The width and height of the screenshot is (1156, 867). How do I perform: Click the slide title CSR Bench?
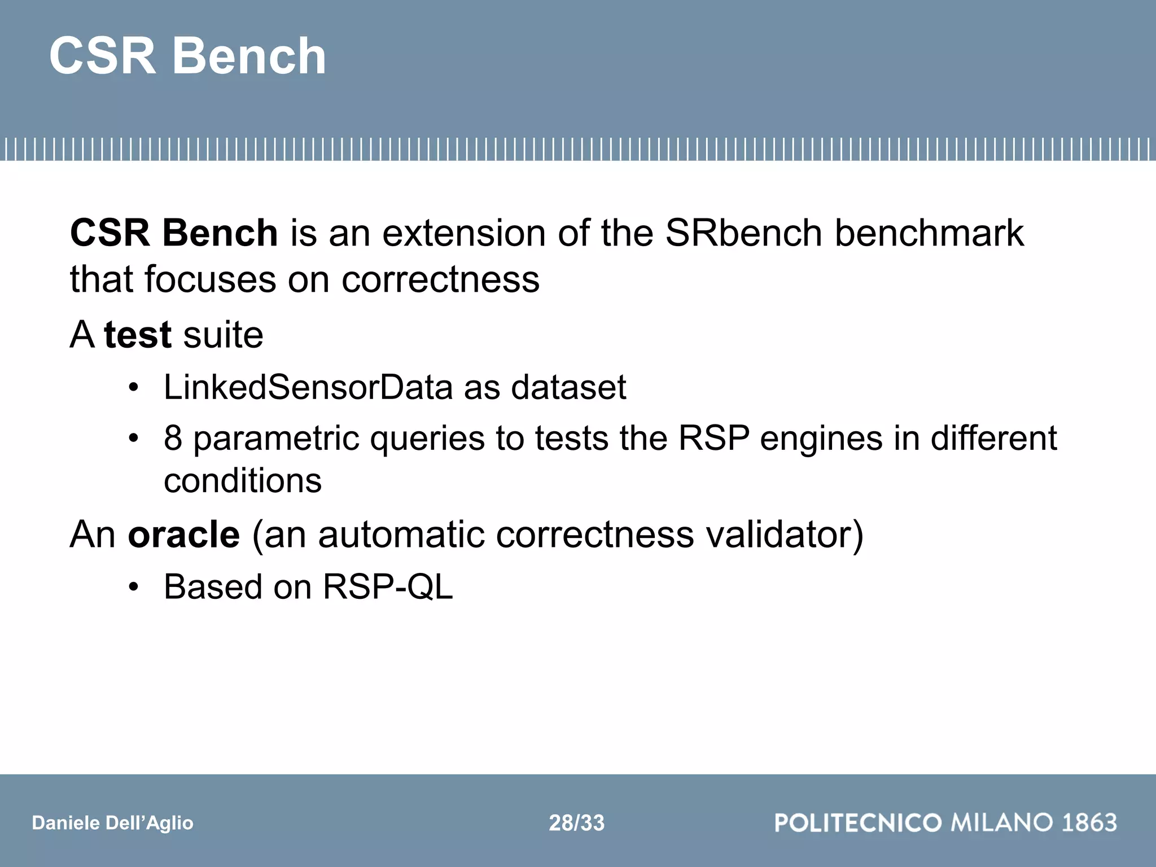click(x=187, y=56)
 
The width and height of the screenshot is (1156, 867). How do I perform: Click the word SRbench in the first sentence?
click(x=743, y=233)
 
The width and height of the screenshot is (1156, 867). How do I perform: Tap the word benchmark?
click(x=929, y=233)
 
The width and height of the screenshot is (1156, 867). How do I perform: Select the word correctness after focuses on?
click(x=440, y=279)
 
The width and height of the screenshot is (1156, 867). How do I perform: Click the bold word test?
click(x=137, y=335)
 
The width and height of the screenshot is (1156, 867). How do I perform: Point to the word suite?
click(x=223, y=335)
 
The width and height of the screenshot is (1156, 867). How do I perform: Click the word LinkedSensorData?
click(x=308, y=387)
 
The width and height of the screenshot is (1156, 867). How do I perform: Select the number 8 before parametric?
click(x=173, y=438)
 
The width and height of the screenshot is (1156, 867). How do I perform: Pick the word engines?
click(x=821, y=438)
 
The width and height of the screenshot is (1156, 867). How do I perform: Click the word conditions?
click(x=243, y=481)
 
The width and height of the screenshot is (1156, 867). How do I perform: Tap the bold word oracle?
click(x=184, y=534)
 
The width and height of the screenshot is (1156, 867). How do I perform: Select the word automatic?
click(x=401, y=534)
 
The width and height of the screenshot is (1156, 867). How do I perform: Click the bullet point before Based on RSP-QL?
click(x=133, y=587)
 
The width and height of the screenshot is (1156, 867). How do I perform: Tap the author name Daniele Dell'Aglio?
click(x=112, y=823)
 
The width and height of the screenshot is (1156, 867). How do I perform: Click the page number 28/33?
click(x=576, y=823)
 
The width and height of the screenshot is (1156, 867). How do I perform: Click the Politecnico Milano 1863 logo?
click(x=945, y=822)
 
